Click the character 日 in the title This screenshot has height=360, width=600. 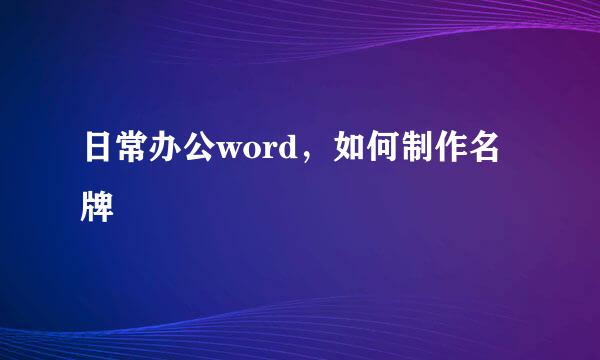click(98, 152)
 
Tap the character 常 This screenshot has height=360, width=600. click(136, 152)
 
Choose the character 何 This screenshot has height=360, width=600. click(392, 152)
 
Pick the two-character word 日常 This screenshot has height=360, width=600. click(117, 152)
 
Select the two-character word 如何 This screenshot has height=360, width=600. click(373, 152)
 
